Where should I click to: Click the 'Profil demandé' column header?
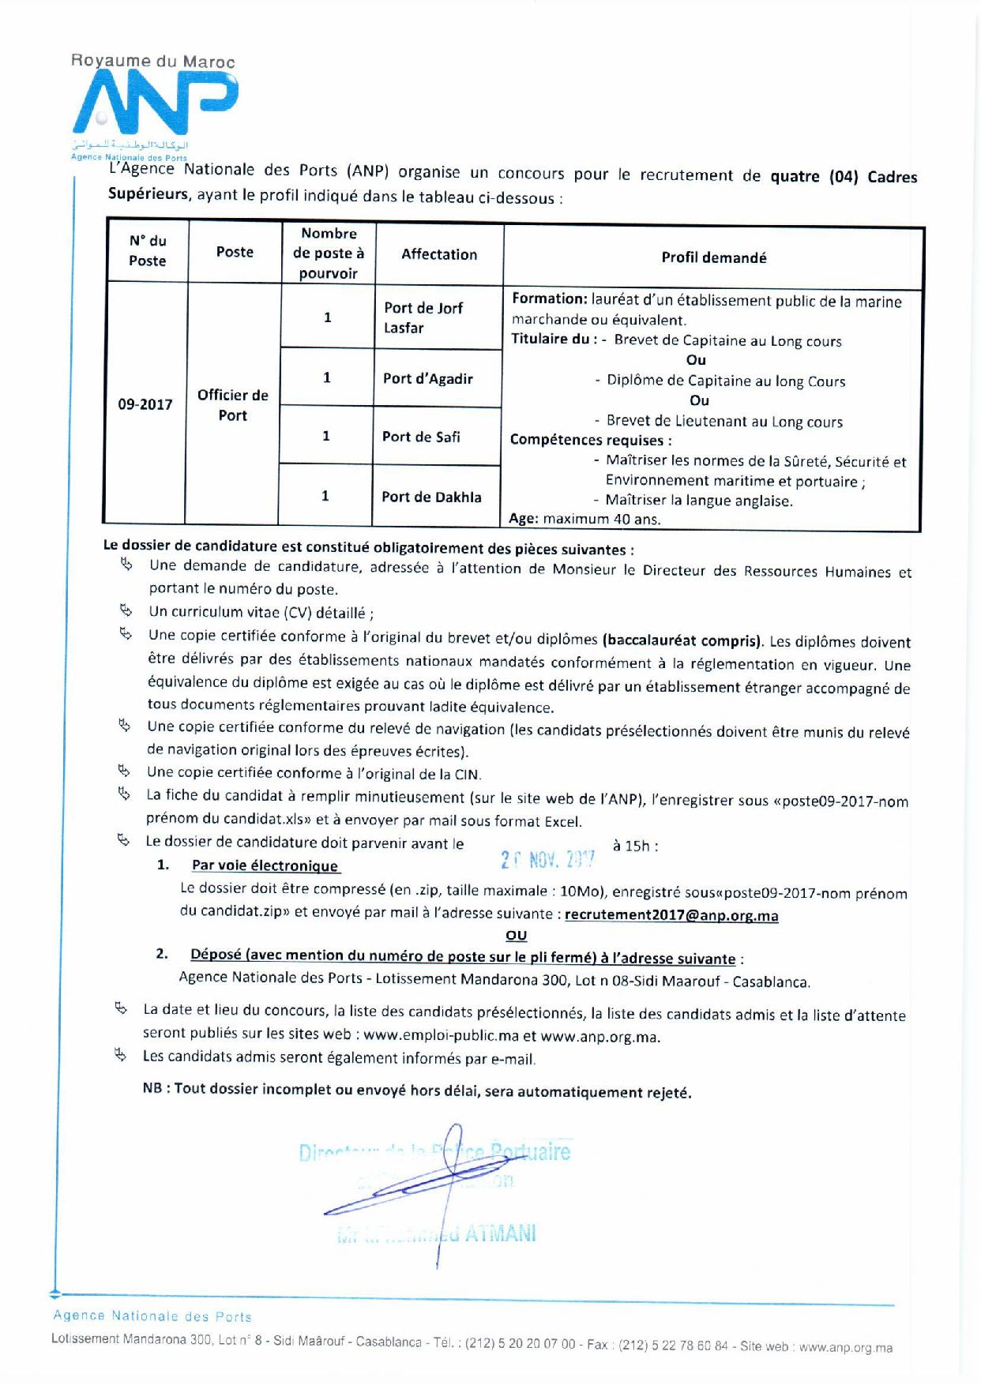(x=713, y=257)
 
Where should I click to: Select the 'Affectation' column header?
(x=439, y=254)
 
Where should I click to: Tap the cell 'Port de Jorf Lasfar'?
(x=423, y=317)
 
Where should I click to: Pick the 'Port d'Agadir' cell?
(x=428, y=378)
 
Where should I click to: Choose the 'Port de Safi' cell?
(x=421, y=437)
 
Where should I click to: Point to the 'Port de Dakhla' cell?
(x=431, y=497)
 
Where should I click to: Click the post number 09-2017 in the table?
(x=145, y=404)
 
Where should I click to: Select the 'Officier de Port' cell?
(x=233, y=405)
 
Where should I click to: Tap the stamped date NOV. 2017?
(x=547, y=859)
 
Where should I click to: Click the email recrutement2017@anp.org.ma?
(x=672, y=915)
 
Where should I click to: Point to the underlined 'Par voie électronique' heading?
(x=265, y=865)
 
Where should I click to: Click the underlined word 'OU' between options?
(x=516, y=935)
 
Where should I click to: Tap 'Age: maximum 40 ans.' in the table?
(x=584, y=519)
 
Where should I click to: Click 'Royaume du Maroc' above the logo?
(x=152, y=61)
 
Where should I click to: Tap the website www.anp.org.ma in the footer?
(x=845, y=1347)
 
